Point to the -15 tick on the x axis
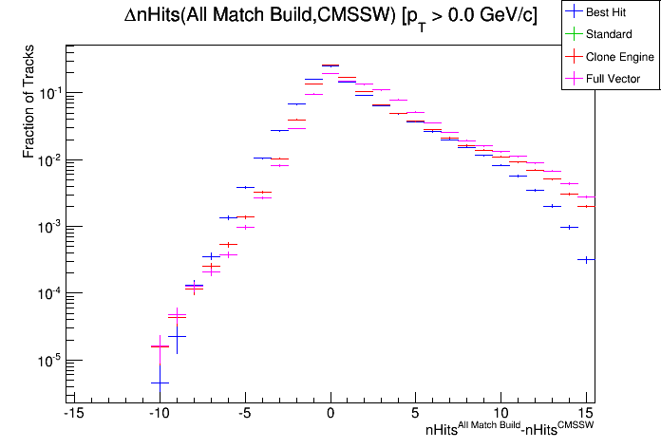[72, 414]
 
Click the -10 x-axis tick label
[158, 414]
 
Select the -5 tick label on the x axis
[244, 414]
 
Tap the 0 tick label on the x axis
[330, 414]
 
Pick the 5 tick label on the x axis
[416, 414]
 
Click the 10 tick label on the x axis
[501, 414]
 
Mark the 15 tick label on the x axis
[587, 414]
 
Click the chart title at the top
[330, 16]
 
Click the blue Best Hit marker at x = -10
[160, 383]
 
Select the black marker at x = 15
[587, 259]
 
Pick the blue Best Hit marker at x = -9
[177, 336]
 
